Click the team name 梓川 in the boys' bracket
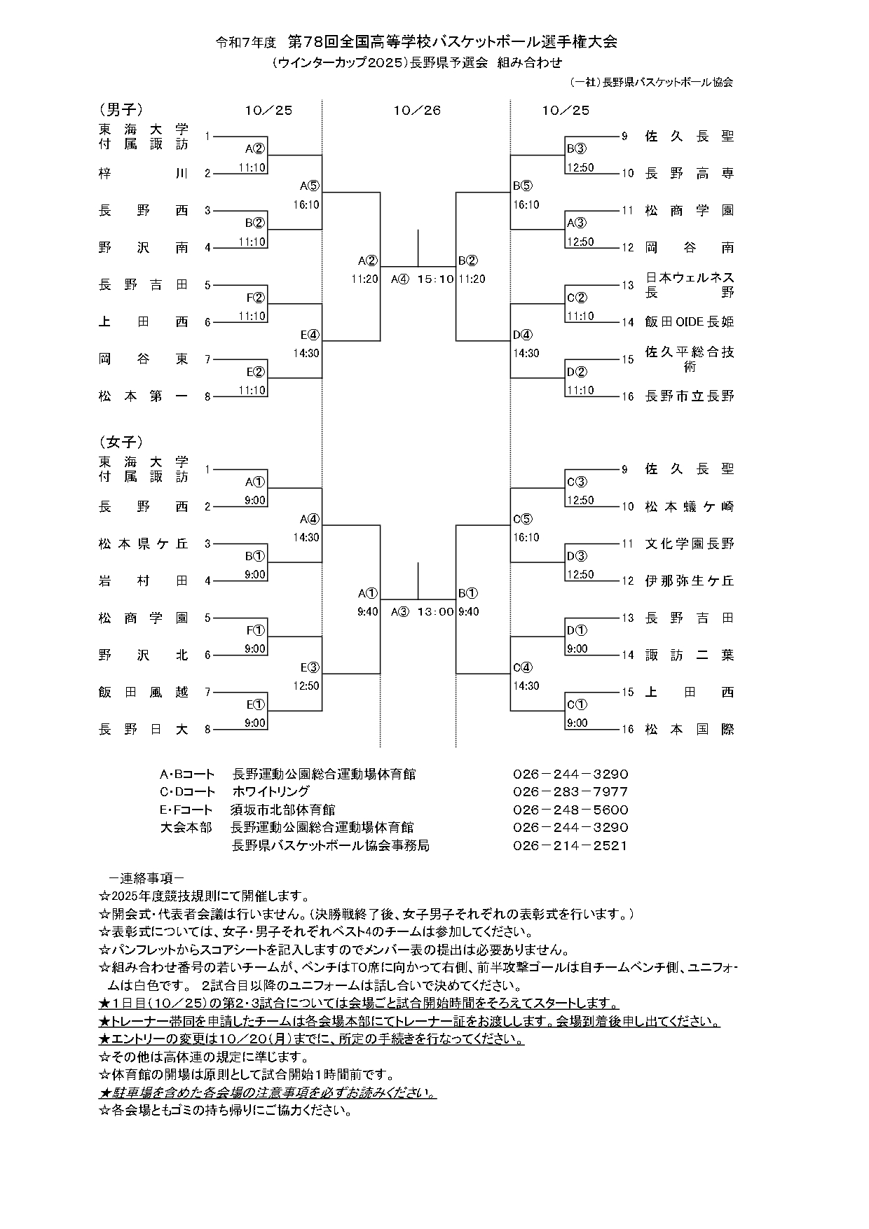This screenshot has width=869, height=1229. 143,173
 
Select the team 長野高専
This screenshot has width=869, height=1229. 689,173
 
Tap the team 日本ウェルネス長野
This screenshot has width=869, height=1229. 689,284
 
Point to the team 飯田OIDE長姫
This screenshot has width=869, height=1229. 689,322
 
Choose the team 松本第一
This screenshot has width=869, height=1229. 143,396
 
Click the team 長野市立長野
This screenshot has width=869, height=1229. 689,396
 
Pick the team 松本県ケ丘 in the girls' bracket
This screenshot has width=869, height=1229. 143,543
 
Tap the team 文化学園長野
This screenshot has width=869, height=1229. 689,543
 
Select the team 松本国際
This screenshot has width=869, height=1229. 689,729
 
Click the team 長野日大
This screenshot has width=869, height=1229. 143,729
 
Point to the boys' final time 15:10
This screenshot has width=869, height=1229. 435,279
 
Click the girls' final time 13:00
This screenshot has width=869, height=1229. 435,611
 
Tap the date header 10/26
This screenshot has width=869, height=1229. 417,111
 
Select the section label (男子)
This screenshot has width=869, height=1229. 121,109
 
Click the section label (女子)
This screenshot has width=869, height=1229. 121,442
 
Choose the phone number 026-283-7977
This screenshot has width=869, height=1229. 570,792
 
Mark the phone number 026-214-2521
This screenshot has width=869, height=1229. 570,845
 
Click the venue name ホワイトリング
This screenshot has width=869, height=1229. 271,792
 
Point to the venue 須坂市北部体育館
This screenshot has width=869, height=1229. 282,810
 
